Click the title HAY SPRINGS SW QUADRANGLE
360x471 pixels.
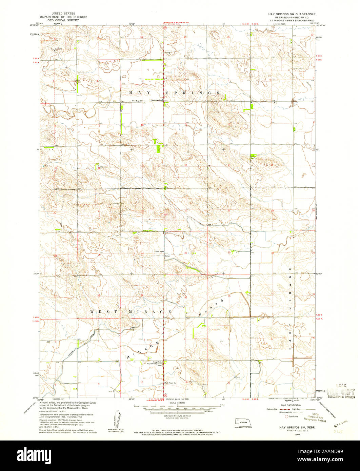(290, 14)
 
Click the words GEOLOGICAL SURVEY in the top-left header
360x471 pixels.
(64, 20)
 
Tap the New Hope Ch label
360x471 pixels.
(138, 101)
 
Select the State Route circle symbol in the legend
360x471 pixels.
(286, 416)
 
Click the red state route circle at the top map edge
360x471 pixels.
(164, 28)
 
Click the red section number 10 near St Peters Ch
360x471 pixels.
(142, 382)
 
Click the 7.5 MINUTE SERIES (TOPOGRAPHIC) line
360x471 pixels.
(294, 21)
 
